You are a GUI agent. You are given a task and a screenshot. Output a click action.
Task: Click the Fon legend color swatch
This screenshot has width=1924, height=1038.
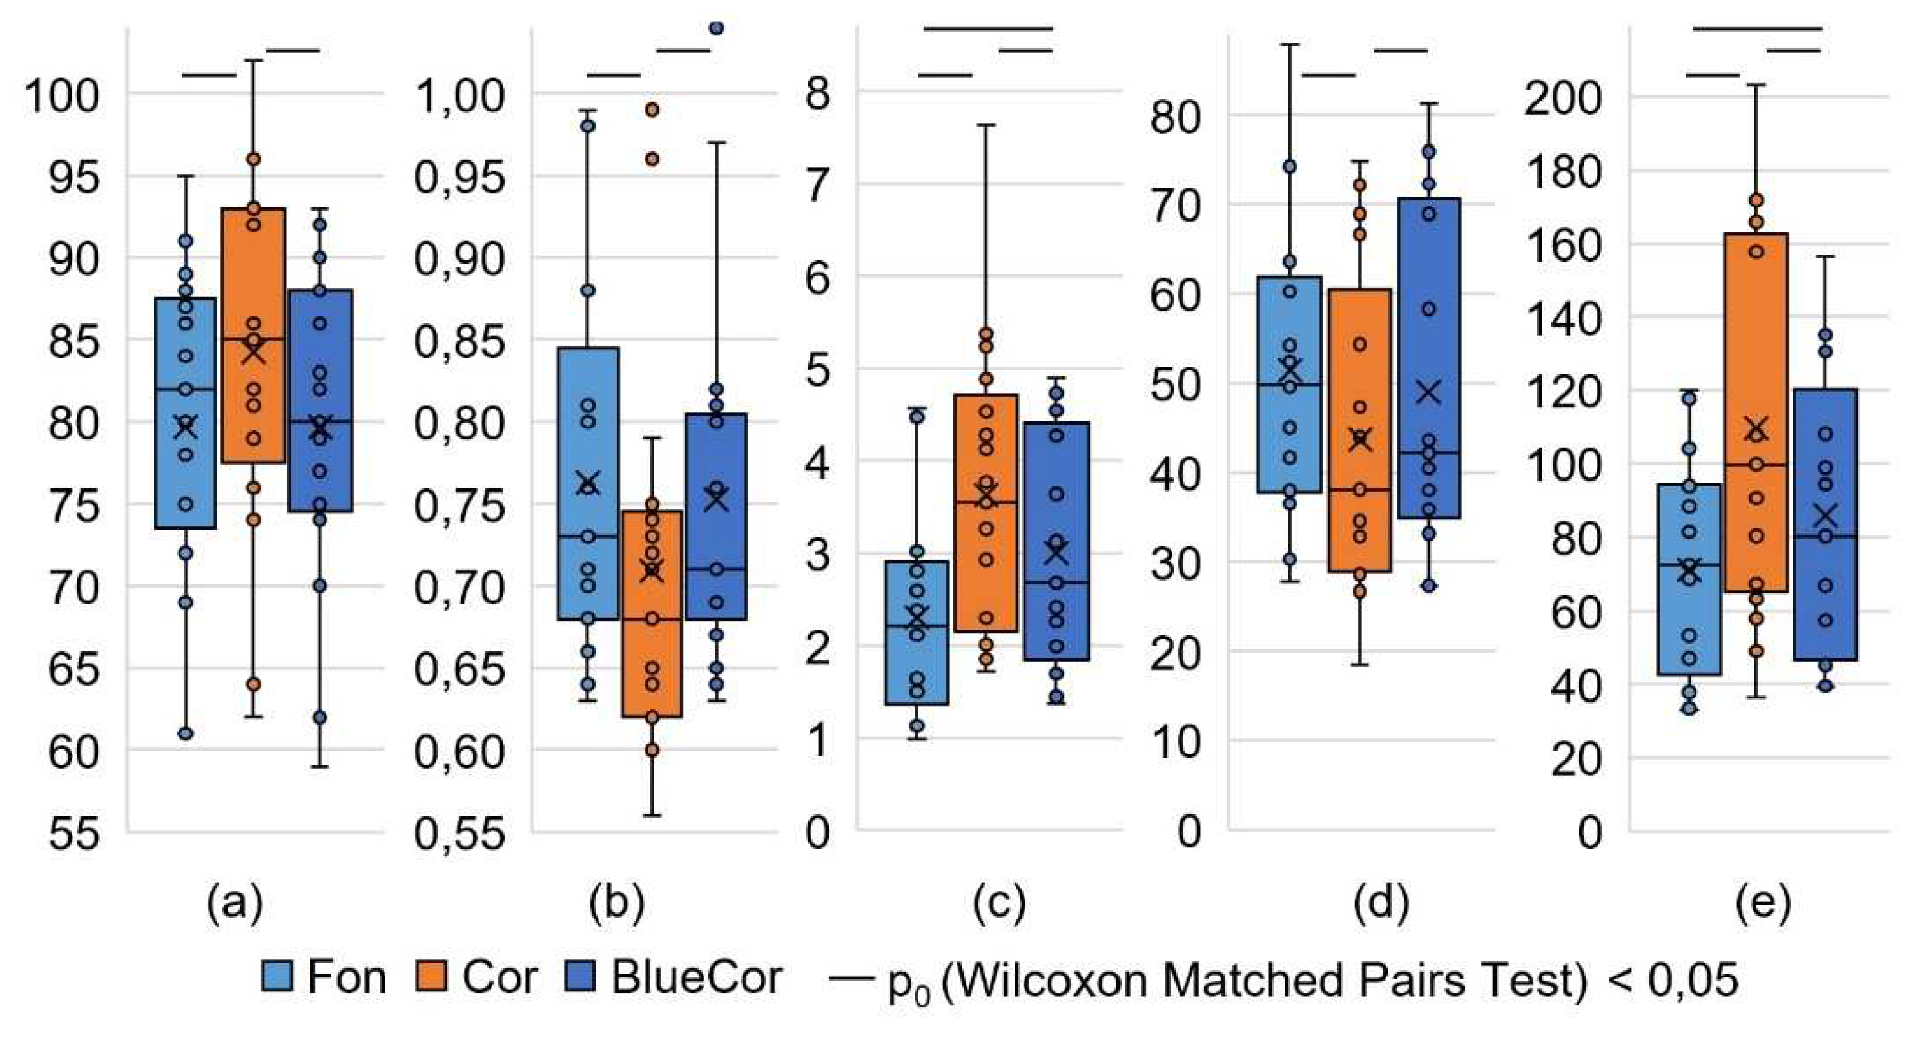[x=277, y=977]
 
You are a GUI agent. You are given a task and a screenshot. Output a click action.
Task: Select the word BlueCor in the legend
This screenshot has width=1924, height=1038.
[x=696, y=977]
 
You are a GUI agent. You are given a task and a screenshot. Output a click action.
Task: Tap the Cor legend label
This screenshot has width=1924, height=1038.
[x=500, y=977]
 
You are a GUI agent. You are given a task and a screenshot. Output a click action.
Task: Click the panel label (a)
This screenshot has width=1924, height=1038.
[x=235, y=903]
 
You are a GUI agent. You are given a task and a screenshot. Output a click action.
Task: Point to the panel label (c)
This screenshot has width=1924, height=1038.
[x=999, y=903]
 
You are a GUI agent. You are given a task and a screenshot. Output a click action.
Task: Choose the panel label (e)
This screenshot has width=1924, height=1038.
[x=1764, y=903]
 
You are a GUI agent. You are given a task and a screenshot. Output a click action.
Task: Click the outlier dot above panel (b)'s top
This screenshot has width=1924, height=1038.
[x=715, y=28]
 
